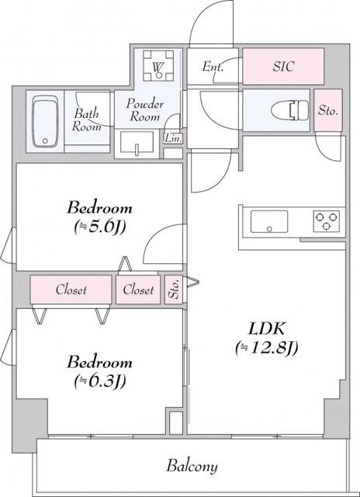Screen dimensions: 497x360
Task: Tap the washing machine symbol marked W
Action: click(x=158, y=68)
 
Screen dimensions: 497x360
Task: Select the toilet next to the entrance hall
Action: click(x=289, y=111)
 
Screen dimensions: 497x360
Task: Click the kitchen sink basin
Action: click(x=268, y=221)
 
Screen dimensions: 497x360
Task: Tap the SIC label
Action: click(x=282, y=68)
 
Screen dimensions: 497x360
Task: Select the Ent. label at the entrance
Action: click(x=213, y=68)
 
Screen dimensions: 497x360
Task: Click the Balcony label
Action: click(x=192, y=467)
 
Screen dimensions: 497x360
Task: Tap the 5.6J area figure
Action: click(x=99, y=227)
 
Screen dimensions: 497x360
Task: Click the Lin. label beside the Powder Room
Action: click(x=172, y=139)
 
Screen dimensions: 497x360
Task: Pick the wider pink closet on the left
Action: click(x=71, y=290)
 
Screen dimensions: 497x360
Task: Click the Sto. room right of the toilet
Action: click(x=328, y=110)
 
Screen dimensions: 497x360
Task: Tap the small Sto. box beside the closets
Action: click(x=174, y=290)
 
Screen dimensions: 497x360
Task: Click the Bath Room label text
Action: click(x=88, y=120)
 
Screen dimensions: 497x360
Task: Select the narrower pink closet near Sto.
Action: click(x=139, y=290)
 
